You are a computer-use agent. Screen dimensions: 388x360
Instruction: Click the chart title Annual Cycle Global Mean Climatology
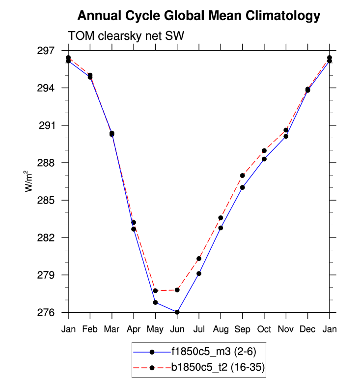tap(198, 16)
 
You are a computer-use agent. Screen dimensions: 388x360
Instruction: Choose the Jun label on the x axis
tap(177, 329)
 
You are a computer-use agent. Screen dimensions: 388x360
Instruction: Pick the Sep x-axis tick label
tap(242, 329)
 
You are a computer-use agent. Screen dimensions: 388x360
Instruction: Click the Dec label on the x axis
tap(307, 329)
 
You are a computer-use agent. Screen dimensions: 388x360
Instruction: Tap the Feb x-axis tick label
tap(90, 329)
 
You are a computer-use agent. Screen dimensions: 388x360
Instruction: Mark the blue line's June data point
tap(177, 312)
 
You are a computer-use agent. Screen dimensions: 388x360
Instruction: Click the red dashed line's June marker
tap(177, 290)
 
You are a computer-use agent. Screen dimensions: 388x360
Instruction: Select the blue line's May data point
tap(155, 302)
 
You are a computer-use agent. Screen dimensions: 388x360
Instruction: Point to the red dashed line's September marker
tap(243, 176)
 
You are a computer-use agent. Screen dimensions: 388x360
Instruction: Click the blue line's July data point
tap(199, 273)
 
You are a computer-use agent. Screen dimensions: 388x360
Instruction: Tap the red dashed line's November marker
tap(286, 130)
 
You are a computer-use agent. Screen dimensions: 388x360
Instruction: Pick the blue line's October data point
tap(264, 159)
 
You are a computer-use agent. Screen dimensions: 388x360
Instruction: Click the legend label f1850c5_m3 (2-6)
tap(213, 352)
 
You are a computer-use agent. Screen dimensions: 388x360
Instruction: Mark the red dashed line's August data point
tap(221, 218)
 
